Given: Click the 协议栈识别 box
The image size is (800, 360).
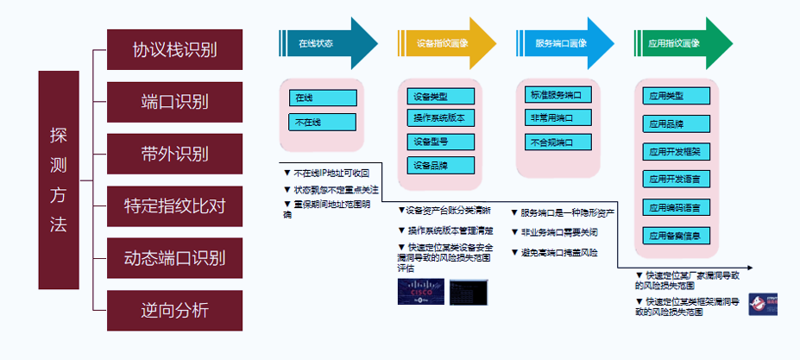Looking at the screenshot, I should pyautogui.click(x=174, y=49).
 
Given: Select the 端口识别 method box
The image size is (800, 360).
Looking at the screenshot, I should pyautogui.click(x=174, y=102).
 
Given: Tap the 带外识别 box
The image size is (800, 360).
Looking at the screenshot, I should pyautogui.click(x=174, y=154).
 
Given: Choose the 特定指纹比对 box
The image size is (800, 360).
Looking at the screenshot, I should pyautogui.click(x=174, y=206).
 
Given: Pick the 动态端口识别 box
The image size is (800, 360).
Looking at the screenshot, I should pyautogui.click(x=174, y=258).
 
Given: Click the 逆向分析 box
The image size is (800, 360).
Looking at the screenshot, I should pyautogui.click(x=174, y=310).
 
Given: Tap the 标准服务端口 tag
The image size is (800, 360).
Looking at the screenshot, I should pyautogui.click(x=559, y=94).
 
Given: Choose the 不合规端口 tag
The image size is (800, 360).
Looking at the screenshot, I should pyautogui.click(x=559, y=142).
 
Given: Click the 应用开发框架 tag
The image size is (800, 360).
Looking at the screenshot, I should pyautogui.click(x=677, y=151).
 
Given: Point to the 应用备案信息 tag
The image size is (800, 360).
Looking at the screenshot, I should pyautogui.click(x=677, y=235).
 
